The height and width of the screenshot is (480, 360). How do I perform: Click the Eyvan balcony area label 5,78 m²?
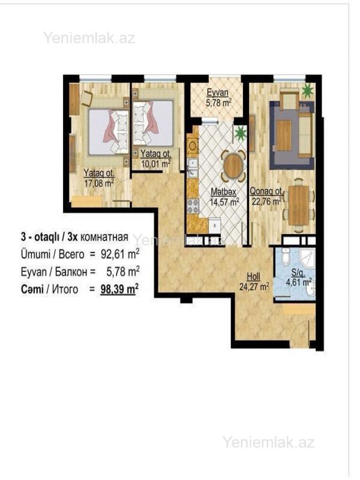[x=218, y=102]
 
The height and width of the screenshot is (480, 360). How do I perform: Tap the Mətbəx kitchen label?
[x=223, y=192]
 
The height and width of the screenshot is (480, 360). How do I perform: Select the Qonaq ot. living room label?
[x=266, y=191]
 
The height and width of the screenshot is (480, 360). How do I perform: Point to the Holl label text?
[x=253, y=277]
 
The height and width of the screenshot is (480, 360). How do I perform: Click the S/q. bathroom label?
[x=298, y=272]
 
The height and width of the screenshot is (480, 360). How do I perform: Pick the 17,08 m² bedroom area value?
[x=99, y=184]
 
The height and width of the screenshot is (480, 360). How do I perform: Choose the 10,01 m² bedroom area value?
[x=155, y=163]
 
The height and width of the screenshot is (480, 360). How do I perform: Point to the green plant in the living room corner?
[x=307, y=91]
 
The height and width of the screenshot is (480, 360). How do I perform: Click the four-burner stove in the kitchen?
[x=193, y=206]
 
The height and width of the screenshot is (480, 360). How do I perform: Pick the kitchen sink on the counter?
[x=193, y=168]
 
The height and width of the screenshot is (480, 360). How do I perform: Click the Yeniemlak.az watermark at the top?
[x=89, y=38]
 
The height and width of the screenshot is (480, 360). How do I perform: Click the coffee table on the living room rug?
[x=284, y=136]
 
